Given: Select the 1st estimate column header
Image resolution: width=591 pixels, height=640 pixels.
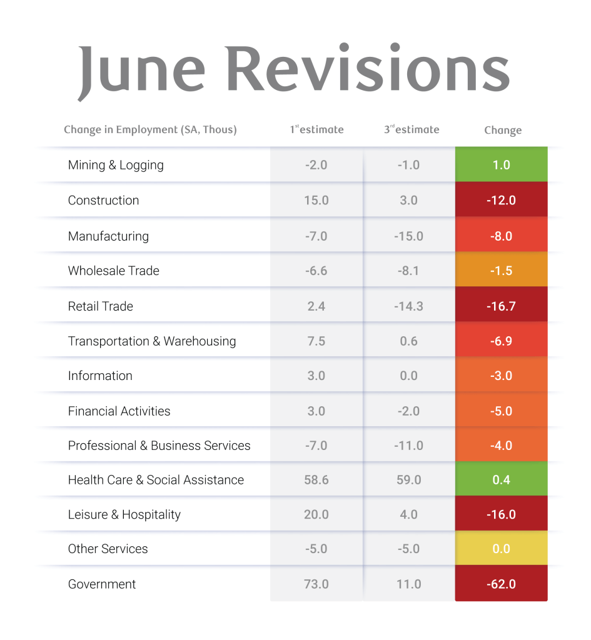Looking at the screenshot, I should tap(316, 130).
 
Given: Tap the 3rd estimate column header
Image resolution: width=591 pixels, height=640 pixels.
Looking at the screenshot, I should tap(412, 130).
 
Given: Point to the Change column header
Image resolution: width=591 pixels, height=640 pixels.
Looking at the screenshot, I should tap(503, 131).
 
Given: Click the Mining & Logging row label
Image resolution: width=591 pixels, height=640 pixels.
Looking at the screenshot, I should tap(116, 165).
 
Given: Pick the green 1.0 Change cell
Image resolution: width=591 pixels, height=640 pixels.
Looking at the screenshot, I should tap(502, 165).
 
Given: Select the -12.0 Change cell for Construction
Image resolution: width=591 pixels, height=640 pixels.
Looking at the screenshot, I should tap(502, 201).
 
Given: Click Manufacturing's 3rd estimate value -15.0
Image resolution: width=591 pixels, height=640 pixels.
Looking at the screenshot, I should tap(409, 236).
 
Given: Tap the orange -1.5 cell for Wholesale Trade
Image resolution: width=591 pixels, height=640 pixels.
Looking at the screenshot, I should tap(502, 271).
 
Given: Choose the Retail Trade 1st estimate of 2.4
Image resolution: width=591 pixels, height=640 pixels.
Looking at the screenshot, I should tap(316, 306).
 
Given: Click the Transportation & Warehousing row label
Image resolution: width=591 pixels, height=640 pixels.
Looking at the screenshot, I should tap(152, 341).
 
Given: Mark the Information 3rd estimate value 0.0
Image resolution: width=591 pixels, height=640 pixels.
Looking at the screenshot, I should tap(409, 376).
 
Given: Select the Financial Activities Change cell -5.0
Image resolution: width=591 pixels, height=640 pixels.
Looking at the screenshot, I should tap(502, 411).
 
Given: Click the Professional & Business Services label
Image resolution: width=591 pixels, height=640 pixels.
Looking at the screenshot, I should tap(159, 446).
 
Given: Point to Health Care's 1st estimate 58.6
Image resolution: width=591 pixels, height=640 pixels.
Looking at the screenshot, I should tap(316, 480).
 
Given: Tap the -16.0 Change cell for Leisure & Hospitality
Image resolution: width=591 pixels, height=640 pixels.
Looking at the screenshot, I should tap(502, 514).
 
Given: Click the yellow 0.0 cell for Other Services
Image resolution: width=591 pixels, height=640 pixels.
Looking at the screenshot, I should tap(502, 549).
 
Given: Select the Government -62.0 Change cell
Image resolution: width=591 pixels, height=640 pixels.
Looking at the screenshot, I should tap(502, 584).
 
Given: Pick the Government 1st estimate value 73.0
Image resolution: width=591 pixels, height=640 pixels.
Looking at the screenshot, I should tap(316, 584).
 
